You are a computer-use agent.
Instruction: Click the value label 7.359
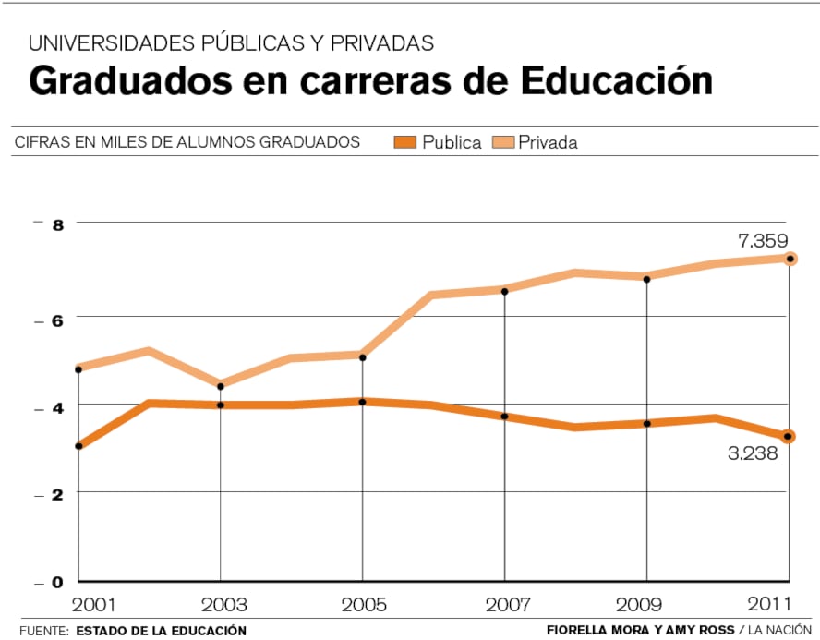[762, 241]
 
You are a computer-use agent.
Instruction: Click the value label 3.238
[753, 453]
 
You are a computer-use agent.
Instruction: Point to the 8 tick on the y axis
[56, 224]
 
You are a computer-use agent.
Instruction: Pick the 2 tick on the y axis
[56, 495]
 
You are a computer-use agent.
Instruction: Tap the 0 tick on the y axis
[56, 582]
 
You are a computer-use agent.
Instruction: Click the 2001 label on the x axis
[93, 606]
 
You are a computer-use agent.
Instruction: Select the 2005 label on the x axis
[364, 606]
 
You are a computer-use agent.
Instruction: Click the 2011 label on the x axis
[769, 606]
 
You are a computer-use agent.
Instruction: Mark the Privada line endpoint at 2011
[789, 259]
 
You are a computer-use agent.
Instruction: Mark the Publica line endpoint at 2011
[788, 436]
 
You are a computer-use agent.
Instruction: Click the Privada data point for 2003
[220, 386]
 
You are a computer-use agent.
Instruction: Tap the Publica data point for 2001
[78, 446]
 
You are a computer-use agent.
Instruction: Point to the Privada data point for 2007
[504, 292]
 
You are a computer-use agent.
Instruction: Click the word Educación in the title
[616, 81]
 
